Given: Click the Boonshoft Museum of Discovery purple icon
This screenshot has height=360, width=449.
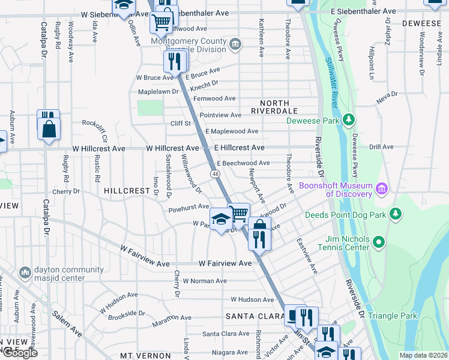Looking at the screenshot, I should point(381,190).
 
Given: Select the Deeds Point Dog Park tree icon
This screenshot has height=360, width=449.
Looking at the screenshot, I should point(395,214).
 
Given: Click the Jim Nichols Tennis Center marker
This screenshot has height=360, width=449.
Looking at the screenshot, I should point(378,242).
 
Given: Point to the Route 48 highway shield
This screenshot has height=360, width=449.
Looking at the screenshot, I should point(214,173).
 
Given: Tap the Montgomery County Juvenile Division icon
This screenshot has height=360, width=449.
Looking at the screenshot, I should point(235,44).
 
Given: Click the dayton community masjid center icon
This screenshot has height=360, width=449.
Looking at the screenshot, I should point(25,273).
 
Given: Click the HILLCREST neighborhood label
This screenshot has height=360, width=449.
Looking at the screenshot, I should point(126,190).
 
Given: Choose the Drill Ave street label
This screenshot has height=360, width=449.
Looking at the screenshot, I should point(381,146).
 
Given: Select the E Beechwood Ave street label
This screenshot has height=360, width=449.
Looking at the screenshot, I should point(243,163).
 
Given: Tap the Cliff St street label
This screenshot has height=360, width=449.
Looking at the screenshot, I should point(180,124).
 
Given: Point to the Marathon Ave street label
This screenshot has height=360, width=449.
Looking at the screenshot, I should point(171,318).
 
